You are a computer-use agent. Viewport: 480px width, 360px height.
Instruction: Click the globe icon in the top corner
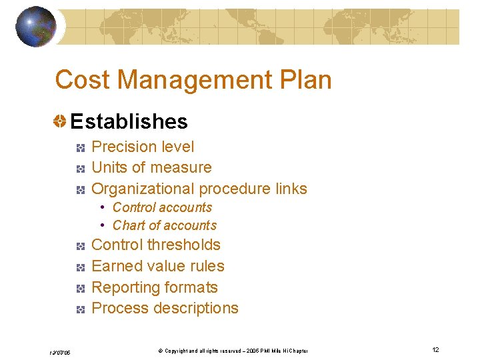click(x=35, y=26)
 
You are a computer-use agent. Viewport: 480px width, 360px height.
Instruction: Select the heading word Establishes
click(x=129, y=121)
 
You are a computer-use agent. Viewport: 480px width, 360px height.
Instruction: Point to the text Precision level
click(x=143, y=147)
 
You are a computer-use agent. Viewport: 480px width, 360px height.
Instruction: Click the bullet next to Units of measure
click(x=79, y=168)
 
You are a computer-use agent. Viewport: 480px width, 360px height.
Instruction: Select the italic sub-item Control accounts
click(x=162, y=207)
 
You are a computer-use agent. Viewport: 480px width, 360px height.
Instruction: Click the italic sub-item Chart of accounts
click(x=165, y=225)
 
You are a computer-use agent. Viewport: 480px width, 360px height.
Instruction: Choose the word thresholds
click(x=184, y=245)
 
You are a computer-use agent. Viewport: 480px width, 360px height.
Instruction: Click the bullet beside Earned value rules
click(x=79, y=267)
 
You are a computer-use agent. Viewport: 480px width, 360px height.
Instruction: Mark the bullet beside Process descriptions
click(x=79, y=309)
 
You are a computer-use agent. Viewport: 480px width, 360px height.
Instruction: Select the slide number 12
click(x=435, y=350)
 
